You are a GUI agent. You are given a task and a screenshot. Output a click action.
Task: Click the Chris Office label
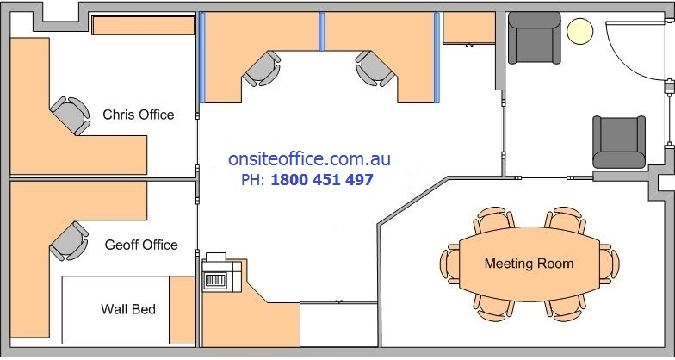pyautogui.click(x=138, y=115)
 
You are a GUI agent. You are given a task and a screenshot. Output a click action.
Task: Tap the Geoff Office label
pyautogui.click(x=141, y=245)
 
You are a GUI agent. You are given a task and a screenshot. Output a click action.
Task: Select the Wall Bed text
pyautogui.click(x=128, y=308)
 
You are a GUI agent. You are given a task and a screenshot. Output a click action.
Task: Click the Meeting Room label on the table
pyautogui.click(x=529, y=264)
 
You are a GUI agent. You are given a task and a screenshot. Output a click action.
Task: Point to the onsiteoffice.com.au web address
pyautogui.click(x=310, y=159)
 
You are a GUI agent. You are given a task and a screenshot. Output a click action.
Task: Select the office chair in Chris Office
pyautogui.click(x=71, y=115)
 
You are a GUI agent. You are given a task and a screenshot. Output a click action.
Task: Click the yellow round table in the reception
pyautogui.click(x=580, y=32)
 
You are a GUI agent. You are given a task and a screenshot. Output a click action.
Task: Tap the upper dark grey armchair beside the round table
pyautogui.click(x=533, y=39)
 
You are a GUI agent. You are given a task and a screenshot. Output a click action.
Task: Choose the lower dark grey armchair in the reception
pyautogui.click(x=618, y=141)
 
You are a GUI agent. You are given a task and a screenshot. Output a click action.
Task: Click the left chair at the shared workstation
pyautogui.click(x=262, y=68)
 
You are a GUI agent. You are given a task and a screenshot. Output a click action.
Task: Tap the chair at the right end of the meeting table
pyautogui.click(x=610, y=263)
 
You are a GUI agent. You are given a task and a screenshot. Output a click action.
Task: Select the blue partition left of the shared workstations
pyautogui.click(x=203, y=56)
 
